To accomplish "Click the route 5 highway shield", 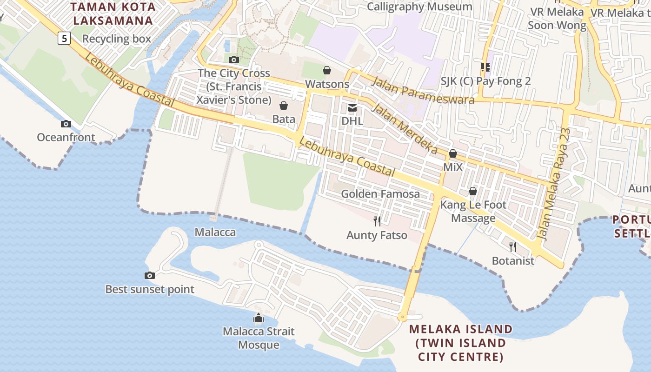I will (x=64, y=38).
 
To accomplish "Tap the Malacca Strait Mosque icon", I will (x=258, y=318).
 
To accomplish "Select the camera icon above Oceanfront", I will (x=66, y=124).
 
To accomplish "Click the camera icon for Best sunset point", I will (x=149, y=276).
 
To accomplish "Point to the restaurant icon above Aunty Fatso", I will (x=377, y=221).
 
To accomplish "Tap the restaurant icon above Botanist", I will (x=513, y=246).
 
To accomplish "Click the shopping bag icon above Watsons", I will (x=327, y=70).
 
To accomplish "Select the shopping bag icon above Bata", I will (x=284, y=106).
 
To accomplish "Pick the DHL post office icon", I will (x=352, y=108).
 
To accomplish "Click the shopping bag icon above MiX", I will (x=453, y=153).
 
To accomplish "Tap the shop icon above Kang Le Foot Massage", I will (x=473, y=191).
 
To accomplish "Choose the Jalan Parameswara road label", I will (x=423, y=90).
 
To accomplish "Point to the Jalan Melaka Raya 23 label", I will (x=554, y=184).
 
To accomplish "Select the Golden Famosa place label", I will (x=380, y=194).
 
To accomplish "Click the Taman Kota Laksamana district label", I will (x=113, y=14).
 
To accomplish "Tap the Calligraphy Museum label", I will (x=419, y=7).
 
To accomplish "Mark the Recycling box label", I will (x=117, y=39).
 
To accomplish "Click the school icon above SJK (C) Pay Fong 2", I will (x=485, y=67).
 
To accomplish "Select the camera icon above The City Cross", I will (x=234, y=60).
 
